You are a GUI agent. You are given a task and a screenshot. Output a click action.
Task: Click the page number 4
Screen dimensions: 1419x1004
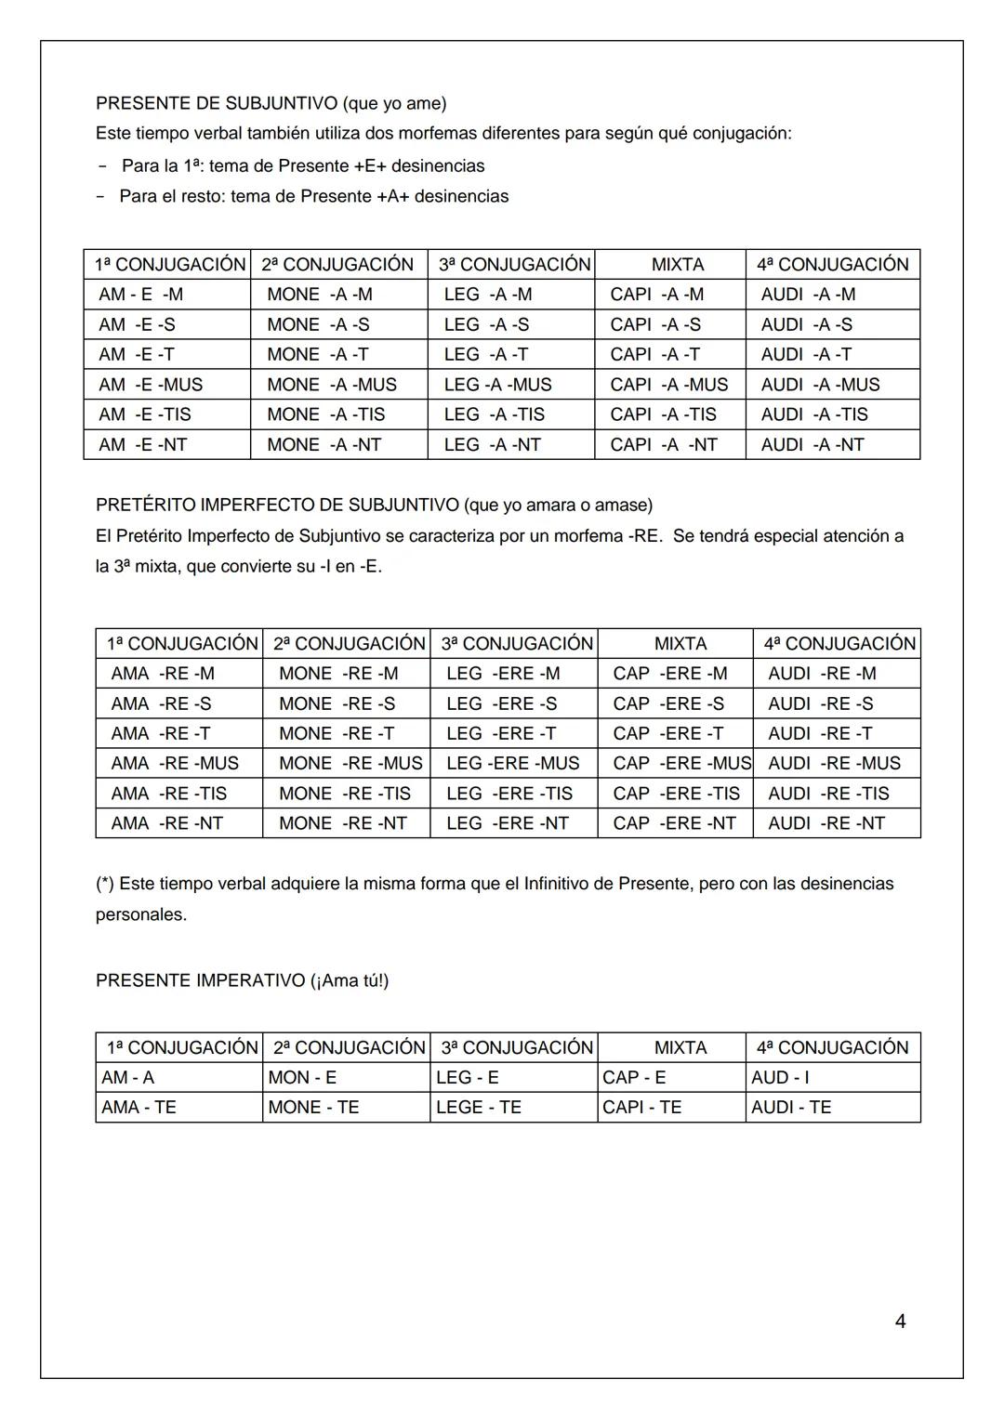[900, 1320]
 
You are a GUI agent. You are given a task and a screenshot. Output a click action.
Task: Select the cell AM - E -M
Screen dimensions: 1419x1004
[141, 295]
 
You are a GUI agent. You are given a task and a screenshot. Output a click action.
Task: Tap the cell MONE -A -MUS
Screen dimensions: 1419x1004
[332, 385]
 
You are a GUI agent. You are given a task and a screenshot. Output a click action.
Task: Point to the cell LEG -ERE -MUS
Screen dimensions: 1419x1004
[513, 764]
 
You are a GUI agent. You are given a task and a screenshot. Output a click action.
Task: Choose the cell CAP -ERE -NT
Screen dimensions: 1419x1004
[674, 823]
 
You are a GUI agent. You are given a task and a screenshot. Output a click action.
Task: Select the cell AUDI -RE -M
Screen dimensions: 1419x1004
[822, 674]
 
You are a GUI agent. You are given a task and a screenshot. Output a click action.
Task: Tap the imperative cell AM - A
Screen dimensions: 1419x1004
[128, 1078]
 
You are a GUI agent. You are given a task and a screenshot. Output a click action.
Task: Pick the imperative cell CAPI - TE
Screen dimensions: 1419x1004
[642, 1108]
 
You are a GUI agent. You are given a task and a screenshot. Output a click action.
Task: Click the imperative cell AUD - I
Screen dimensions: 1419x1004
[780, 1078]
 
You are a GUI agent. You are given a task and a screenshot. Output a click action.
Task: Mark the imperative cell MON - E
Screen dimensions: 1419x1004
[302, 1078]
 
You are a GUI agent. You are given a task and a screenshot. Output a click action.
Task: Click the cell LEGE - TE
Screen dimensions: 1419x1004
[479, 1108]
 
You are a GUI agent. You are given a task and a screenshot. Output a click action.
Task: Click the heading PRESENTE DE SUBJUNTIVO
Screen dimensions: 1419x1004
[217, 103]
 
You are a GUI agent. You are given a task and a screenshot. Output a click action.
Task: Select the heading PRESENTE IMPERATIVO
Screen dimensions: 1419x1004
[200, 981]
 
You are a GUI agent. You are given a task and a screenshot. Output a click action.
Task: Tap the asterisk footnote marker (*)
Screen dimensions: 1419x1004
[105, 884]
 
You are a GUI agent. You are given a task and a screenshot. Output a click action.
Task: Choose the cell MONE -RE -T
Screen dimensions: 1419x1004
[337, 734]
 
